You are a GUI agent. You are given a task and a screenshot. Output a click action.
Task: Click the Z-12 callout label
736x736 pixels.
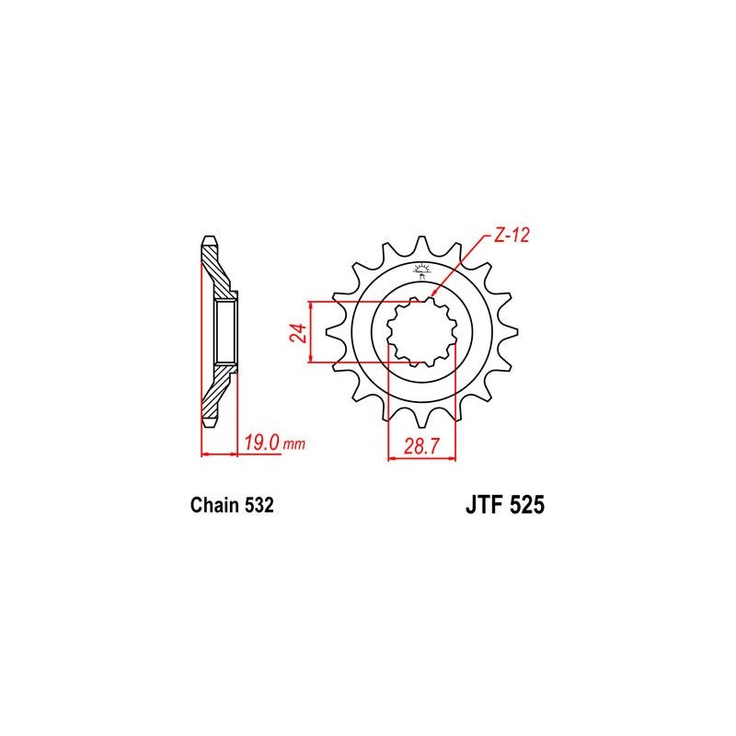tap(512, 236)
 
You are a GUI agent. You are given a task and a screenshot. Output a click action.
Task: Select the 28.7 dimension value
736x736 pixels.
tap(421, 446)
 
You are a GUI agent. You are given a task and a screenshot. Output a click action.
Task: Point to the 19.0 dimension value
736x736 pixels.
tap(262, 443)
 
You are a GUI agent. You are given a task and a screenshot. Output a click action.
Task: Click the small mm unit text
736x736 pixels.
tap(294, 444)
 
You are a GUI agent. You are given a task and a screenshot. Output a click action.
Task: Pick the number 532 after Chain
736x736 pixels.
tap(259, 505)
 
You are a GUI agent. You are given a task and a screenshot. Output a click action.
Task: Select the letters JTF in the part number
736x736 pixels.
tap(484, 505)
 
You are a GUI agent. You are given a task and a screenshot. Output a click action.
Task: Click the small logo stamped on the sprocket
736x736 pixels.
tap(421, 271)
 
